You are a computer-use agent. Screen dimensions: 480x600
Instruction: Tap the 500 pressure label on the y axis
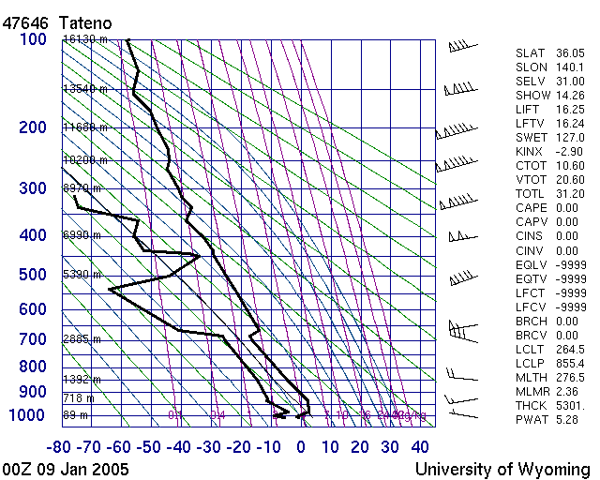[x=33, y=274]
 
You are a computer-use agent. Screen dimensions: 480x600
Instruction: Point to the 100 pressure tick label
[x=33, y=39]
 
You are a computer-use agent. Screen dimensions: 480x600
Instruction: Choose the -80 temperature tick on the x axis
[x=61, y=447]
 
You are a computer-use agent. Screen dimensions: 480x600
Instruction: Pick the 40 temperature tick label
[x=420, y=447]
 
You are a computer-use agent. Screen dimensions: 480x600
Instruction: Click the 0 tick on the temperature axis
[x=300, y=447]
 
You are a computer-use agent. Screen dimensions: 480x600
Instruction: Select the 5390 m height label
[x=82, y=275]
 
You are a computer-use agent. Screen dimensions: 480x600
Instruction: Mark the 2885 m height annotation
[x=82, y=339]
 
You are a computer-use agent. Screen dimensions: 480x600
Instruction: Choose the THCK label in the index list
[x=532, y=405]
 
